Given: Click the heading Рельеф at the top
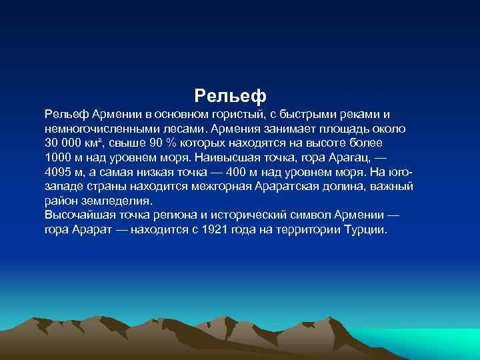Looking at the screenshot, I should coord(230,94).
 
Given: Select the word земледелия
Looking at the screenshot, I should coord(117,201).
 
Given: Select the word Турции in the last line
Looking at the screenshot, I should coord(364,230).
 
